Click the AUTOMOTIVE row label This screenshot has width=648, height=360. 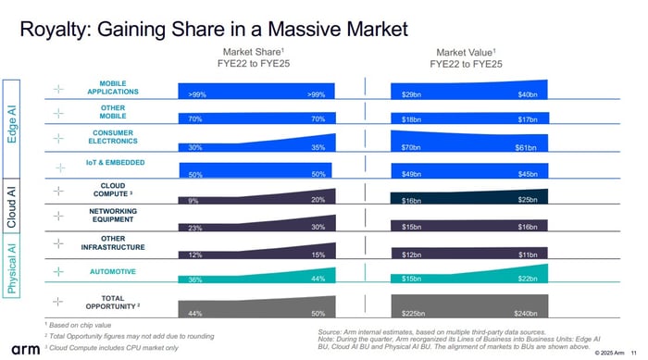click(113, 272)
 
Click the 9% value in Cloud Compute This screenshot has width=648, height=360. click(193, 201)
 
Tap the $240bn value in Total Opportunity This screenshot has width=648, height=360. click(525, 314)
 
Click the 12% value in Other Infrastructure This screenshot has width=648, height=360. click(194, 254)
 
